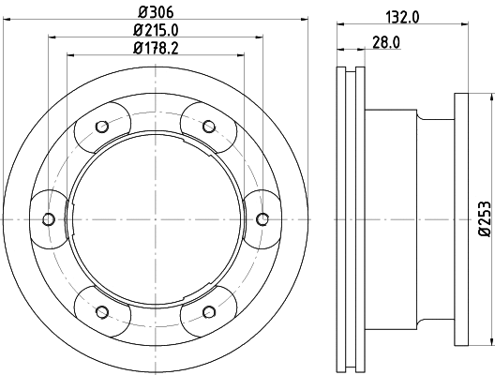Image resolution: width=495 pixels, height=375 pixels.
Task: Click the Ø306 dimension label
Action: click(156, 11)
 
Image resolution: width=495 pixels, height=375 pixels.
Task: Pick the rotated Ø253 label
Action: click(484, 218)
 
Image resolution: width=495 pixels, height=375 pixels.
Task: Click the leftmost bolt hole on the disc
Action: click(48, 219)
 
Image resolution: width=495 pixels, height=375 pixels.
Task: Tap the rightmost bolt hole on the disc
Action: click(263, 219)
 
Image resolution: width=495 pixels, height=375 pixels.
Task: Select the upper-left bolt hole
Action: click(102, 127)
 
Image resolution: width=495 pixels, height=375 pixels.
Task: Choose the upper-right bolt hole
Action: click(209, 127)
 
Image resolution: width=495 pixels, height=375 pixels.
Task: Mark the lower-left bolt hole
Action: click(102, 312)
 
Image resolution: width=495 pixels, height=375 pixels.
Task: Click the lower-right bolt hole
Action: click(209, 312)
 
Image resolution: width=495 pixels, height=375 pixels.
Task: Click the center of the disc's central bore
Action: click(156, 219)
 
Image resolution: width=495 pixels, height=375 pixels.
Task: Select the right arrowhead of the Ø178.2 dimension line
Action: click(241, 55)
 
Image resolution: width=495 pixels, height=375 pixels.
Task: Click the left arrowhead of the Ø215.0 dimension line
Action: click(51, 37)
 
